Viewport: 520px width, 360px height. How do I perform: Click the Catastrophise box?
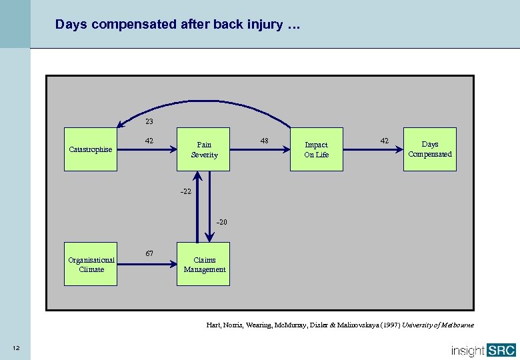(91, 149)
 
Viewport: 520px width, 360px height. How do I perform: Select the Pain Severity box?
(203, 149)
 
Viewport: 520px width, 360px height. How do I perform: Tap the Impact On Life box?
(316, 149)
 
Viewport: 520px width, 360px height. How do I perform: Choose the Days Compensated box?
(430, 149)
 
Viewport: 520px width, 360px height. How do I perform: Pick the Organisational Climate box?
(91, 264)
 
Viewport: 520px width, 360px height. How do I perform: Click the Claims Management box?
(203, 264)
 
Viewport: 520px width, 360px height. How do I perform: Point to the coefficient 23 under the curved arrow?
(149, 122)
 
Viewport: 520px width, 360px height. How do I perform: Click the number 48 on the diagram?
(265, 141)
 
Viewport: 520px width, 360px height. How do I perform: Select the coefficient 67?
(149, 253)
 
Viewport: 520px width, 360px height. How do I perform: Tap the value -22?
(185, 191)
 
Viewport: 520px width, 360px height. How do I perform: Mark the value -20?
(221, 222)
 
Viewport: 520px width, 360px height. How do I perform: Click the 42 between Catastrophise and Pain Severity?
(149, 141)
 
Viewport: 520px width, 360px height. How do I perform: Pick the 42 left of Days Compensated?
(384, 141)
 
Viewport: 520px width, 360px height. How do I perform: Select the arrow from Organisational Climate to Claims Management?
(147, 264)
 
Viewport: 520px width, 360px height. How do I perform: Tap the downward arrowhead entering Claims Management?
(209, 239)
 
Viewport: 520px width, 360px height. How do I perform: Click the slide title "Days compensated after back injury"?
(178, 25)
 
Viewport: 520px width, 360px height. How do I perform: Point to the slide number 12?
(15, 348)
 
